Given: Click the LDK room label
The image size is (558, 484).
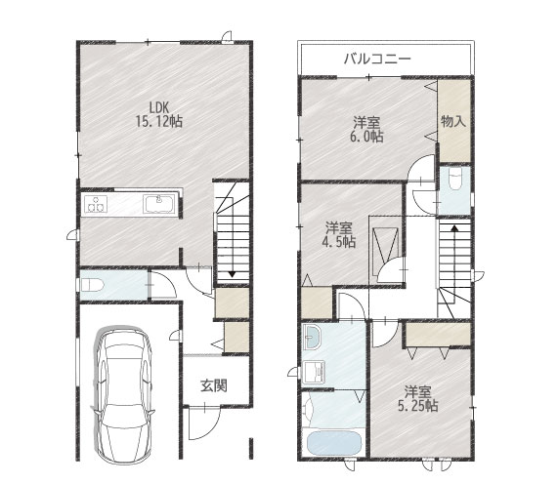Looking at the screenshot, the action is (x=158, y=107).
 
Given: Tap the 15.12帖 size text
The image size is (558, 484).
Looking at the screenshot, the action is (x=159, y=122).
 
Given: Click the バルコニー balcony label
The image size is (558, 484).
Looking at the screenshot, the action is (x=377, y=59).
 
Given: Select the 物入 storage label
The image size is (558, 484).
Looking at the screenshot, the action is (x=453, y=122).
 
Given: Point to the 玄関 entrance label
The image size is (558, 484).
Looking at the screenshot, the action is (x=213, y=385).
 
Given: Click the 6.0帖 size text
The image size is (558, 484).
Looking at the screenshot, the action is (x=366, y=137).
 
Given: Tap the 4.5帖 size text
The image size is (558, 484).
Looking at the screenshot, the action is (x=339, y=242).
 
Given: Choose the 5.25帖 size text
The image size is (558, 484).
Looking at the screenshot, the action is (x=418, y=406).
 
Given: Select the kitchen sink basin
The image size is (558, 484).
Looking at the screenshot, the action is (x=158, y=204).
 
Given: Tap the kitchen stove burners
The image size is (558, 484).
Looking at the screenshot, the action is (x=96, y=204).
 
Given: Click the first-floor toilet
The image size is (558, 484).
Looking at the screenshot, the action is (x=92, y=285).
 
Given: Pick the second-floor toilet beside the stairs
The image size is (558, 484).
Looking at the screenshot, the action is (x=455, y=180).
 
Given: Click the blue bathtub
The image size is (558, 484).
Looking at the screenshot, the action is (x=333, y=443).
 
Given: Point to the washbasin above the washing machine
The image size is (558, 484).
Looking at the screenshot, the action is (x=312, y=337).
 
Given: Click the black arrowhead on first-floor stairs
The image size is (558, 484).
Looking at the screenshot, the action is (x=232, y=274).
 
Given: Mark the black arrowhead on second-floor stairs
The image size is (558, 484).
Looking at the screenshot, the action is (x=454, y=228).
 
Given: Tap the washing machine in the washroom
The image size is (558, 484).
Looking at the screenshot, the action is (x=314, y=372).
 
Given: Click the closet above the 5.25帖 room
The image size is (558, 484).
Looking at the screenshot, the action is (x=438, y=334).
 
